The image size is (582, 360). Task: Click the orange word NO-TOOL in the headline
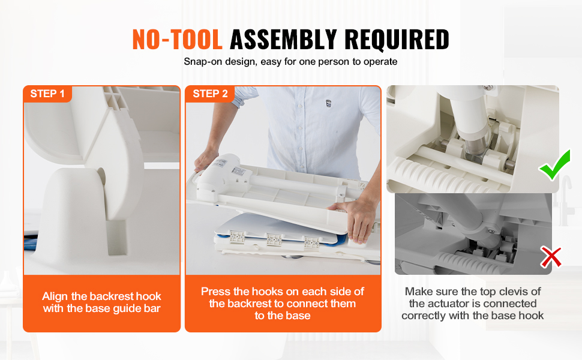coord(178,40)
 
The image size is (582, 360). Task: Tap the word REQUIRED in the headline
coord(397,40)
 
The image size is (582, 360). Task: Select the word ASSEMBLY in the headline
coord(283,40)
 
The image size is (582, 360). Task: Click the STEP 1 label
coord(47,94)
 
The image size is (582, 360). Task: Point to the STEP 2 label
coord(210,94)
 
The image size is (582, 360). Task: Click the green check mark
coord(555,165)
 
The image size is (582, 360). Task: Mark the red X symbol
coord(551,257)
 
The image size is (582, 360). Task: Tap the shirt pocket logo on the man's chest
coord(328,104)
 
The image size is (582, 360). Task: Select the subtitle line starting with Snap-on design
coord(290,62)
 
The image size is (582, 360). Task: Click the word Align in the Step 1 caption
coord(55,296)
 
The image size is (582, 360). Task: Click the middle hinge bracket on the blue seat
coord(274,240)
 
